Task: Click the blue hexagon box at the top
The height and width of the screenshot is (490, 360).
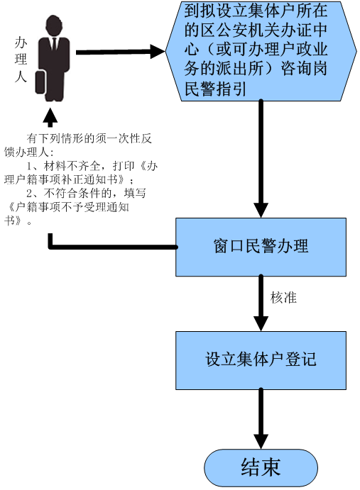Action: [261, 51]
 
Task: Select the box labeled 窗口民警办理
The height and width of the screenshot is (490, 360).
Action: [261, 247]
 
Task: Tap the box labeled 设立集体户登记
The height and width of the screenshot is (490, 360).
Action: [261, 360]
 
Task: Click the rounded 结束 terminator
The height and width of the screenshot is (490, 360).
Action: [261, 468]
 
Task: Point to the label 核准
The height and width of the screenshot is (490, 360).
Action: [283, 298]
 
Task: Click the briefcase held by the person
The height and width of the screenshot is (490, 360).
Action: [40, 82]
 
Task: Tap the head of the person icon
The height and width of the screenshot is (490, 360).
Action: [54, 26]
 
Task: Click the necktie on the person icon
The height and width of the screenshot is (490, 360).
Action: [54, 44]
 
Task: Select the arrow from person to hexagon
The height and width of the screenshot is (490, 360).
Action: [121, 52]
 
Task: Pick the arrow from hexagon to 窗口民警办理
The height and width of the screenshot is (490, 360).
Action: [261, 159]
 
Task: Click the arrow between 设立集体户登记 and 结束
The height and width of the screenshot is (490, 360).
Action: [261, 419]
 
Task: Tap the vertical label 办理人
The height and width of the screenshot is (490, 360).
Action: [21, 60]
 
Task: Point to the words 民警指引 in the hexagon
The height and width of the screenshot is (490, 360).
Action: [214, 89]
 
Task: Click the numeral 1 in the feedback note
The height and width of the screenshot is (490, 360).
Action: [29, 166]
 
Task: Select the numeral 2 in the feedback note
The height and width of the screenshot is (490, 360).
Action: [29, 194]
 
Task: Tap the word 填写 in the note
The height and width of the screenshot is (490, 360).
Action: [135, 193]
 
